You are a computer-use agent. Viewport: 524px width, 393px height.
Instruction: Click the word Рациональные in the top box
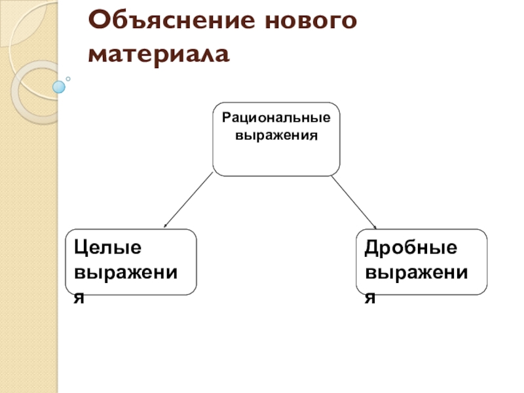pos(276,119)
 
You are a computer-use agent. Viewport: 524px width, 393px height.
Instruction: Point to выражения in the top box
pos(276,136)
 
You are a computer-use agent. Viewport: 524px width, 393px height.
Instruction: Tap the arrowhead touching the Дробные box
pos(374,227)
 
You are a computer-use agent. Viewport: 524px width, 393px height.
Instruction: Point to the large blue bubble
pos(59,86)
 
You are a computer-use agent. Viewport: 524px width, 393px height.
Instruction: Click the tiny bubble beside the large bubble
pos(68,79)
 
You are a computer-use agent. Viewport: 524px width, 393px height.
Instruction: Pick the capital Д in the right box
pos(373,248)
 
